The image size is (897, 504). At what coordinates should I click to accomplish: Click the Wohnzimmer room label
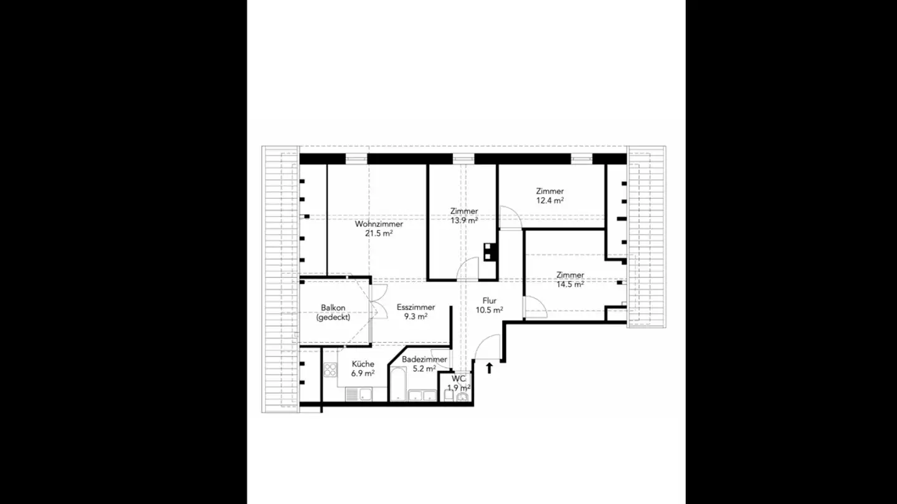click(x=379, y=224)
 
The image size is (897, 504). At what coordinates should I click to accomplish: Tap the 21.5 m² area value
click(x=379, y=234)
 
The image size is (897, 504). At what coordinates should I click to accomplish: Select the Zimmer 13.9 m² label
click(x=464, y=212)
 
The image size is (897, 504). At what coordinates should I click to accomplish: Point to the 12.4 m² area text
click(x=550, y=201)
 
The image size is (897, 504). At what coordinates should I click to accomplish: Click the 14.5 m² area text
click(x=570, y=284)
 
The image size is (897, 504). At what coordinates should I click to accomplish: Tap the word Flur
click(x=490, y=301)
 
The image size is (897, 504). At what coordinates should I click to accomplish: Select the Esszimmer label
click(x=415, y=307)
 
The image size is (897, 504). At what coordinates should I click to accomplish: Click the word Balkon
click(x=333, y=307)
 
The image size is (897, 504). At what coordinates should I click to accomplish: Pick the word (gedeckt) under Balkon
click(x=333, y=317)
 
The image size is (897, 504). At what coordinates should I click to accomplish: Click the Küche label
click(x=363, y=364)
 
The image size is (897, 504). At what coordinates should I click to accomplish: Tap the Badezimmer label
click(x=424, y=360)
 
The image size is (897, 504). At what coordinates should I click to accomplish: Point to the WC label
click(x=458, y=378)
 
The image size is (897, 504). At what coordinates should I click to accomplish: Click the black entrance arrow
click(x=489, y=368)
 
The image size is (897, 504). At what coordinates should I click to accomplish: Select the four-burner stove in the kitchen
click(x=330, y=372)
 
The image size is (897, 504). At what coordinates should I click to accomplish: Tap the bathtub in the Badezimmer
click(x=397, y=384)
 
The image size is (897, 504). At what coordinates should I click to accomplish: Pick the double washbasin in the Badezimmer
click(x=422, y=394)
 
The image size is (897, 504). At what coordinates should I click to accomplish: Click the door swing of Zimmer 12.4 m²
click(x=510, y=217)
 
